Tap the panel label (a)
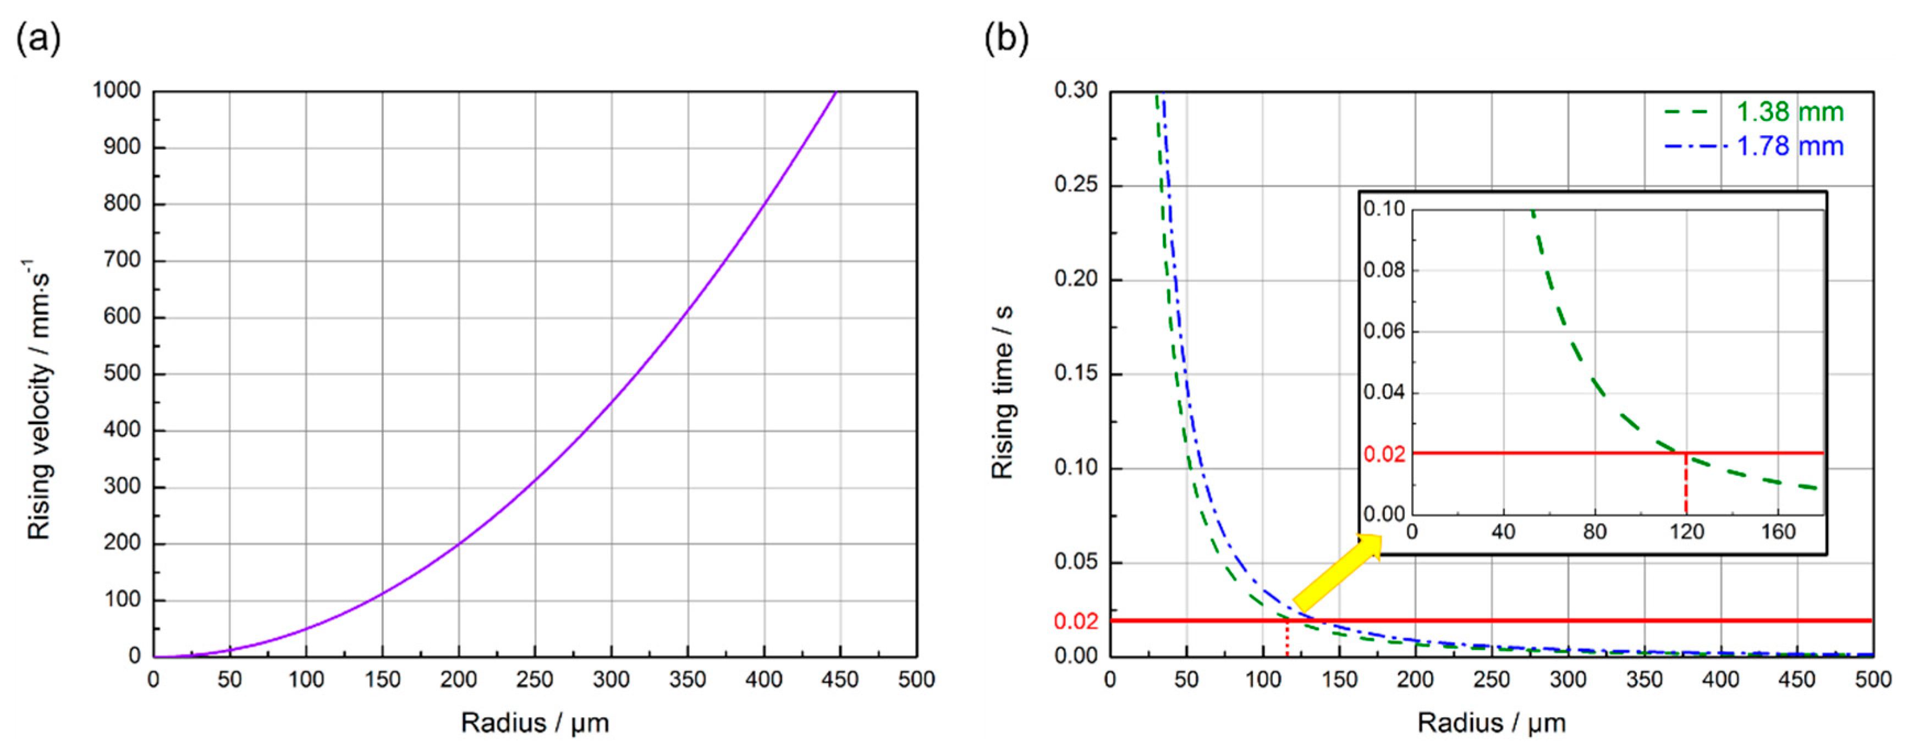point(39,38)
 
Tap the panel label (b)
point(1007,38)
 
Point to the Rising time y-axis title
point(1002,393)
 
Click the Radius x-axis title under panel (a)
point(535,722)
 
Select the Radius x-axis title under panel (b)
point(1492,722)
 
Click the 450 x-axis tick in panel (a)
point(840,679)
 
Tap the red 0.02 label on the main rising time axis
point(1075,621)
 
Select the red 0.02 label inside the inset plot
point(1384,453)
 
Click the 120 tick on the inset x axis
point(1686,532)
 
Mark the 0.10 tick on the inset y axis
point(1384,209)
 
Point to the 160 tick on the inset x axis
point(1778,532)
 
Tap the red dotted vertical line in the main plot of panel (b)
point(1287,639)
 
